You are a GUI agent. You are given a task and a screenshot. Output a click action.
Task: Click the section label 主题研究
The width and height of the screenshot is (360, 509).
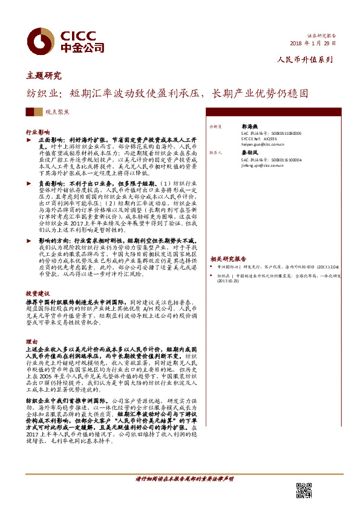pyautogui.click(x=44, y=76)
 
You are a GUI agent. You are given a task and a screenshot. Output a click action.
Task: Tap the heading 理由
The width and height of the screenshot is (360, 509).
pyautogui.click(x=31, y=342)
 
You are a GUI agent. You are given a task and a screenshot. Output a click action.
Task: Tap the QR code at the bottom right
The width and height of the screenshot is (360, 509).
pyautogui.click(x=304, y=490)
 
